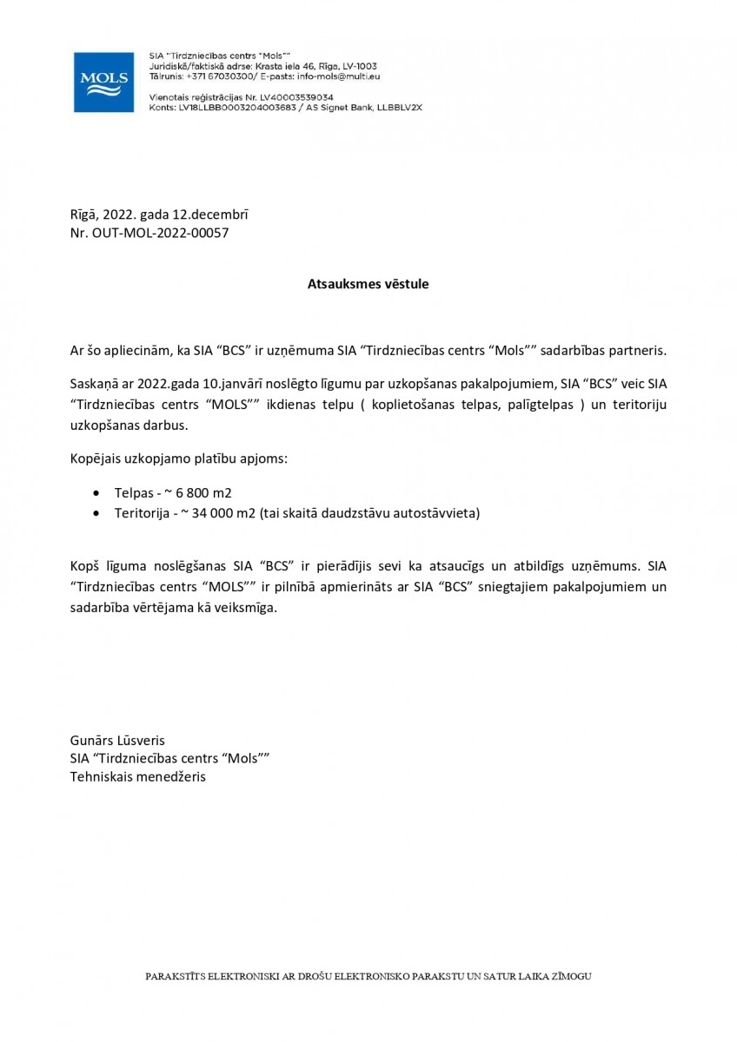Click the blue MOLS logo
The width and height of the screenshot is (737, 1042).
[104, 81]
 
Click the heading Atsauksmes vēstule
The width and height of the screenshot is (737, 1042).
[368, 283]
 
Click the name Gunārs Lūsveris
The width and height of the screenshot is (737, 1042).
[117, 741]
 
